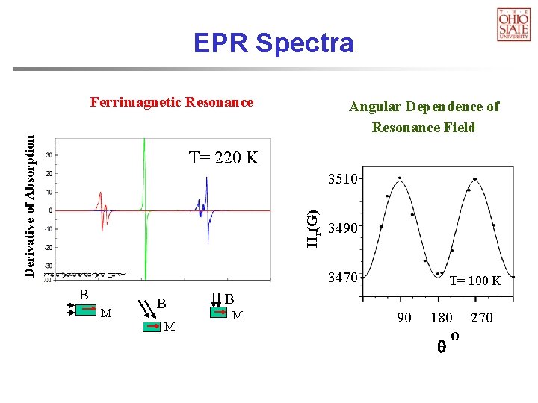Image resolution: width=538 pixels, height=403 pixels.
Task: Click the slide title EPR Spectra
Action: (273, 43)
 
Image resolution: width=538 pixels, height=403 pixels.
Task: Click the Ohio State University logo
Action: (513, 24)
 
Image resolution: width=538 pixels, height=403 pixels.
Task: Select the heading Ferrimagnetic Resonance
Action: (172, 102)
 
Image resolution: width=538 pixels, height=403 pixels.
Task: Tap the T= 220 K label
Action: (223, 158)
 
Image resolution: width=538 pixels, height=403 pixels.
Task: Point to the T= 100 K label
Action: (475, 281)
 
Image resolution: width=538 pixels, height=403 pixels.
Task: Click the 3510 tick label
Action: (344, 179)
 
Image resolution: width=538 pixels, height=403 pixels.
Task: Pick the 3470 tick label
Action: (344, 278)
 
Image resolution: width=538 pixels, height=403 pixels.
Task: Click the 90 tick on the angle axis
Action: (403, 318)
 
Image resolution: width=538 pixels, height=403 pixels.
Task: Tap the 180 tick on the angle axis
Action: (442, 318)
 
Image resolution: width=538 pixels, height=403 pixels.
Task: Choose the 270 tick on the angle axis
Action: (482, 318)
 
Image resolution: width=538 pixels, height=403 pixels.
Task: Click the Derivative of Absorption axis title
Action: (29, 205)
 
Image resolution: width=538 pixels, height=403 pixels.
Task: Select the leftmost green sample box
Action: (86, 308)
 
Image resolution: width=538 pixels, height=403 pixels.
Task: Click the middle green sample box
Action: (154, 325)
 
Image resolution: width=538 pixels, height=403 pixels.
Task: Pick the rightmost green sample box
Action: (220, 313)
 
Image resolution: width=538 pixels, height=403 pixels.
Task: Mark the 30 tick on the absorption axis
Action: (49, 155)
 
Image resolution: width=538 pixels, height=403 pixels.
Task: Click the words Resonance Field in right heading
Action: (424, 128)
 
